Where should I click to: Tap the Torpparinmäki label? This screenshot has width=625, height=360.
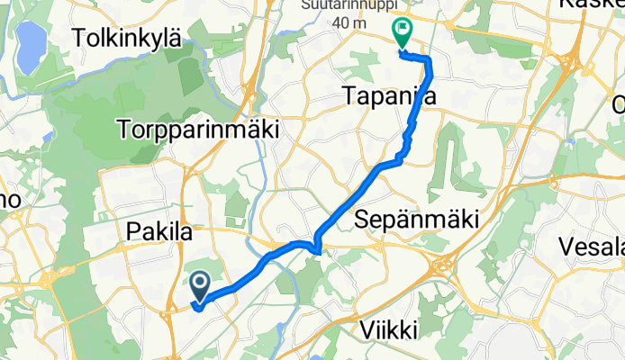[x=197, y=129]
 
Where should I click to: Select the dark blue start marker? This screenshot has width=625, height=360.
[x=199, y=288]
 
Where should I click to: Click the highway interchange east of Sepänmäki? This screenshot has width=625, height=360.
[x=445, y=267]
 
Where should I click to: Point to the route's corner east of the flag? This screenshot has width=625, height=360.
[x=429, y=61]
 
